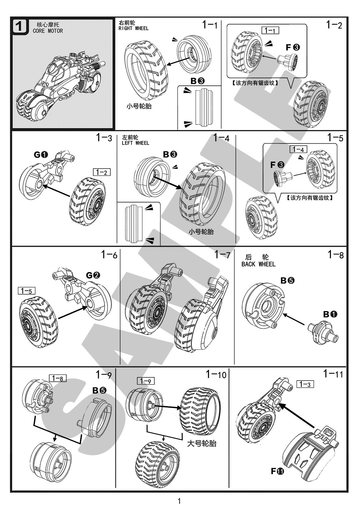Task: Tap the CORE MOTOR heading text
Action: click(x=48, y=31)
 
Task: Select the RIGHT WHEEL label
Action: click(x=134, y=28)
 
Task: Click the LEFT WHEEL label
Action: click(x=135, y=143)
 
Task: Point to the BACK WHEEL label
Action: click(x=258, y=264)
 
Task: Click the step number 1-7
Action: click(x=222, y=255)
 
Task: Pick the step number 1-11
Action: click(x=333, y=374)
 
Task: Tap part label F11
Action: click(x=277, y=471)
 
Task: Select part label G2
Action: click(x=93, y=275)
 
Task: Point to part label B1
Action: click(x=330, y=314)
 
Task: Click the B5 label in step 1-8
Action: click(x=288, y=280)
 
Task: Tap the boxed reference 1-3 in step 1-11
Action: click(x=305, y=384)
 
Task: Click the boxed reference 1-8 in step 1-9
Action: click(x=58, y=378)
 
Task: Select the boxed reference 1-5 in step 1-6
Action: click(x=26, y=290)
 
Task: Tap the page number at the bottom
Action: click(x=179, y=501)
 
